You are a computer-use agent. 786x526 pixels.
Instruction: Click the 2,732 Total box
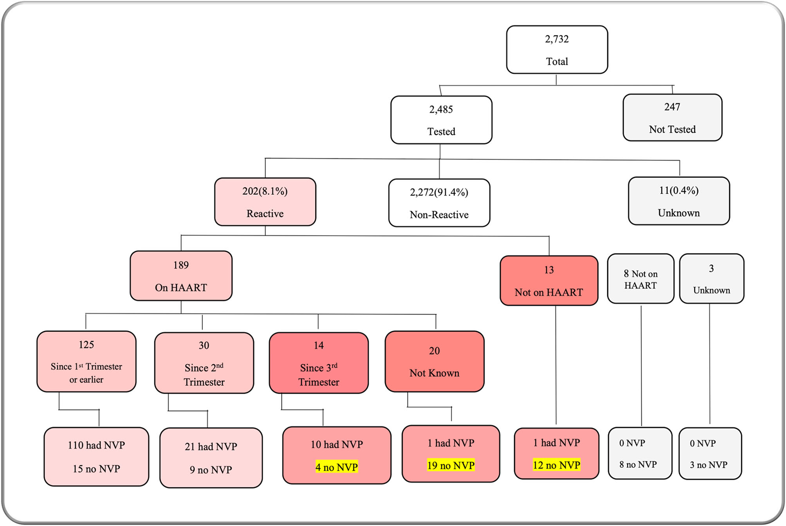[x=557, y=50]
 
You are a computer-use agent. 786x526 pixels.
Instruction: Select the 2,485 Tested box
[x=441, y=120]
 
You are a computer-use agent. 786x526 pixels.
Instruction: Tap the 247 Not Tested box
[x=672, y=118]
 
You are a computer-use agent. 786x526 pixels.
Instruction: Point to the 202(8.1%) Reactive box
[x=265, y=202]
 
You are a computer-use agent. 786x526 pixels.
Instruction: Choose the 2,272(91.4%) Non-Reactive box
[x=439, y=203]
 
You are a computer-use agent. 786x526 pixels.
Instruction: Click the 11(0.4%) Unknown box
[x=679, y=201]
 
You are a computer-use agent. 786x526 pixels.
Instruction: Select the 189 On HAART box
[x=181, y=276]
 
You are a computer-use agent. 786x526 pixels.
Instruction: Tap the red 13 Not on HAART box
[x=549, y=281]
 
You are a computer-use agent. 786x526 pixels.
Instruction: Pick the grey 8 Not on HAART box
[x=640, y=279]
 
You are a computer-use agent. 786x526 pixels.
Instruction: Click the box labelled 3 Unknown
[x=711, y=279]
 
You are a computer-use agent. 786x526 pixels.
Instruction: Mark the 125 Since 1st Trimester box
[x=86, y=361]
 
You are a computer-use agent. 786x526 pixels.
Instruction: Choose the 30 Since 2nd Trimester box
[x=204, y=363]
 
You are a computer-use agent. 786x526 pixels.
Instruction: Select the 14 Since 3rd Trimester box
[x=318, y=363]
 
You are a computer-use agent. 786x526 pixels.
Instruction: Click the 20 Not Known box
[x=434, y=361]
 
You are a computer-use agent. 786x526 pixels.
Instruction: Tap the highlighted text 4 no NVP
[x=336, y=467]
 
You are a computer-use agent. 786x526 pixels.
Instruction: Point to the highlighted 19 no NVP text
[x=451, y=465]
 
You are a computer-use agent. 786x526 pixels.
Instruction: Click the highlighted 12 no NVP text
[x=556, y=465]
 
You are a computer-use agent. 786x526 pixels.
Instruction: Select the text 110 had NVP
[x=96, y=445]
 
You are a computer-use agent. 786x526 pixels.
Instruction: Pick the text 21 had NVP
[x=211, y=447]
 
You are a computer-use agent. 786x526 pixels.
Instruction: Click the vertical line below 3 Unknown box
[x=710, y=364]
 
